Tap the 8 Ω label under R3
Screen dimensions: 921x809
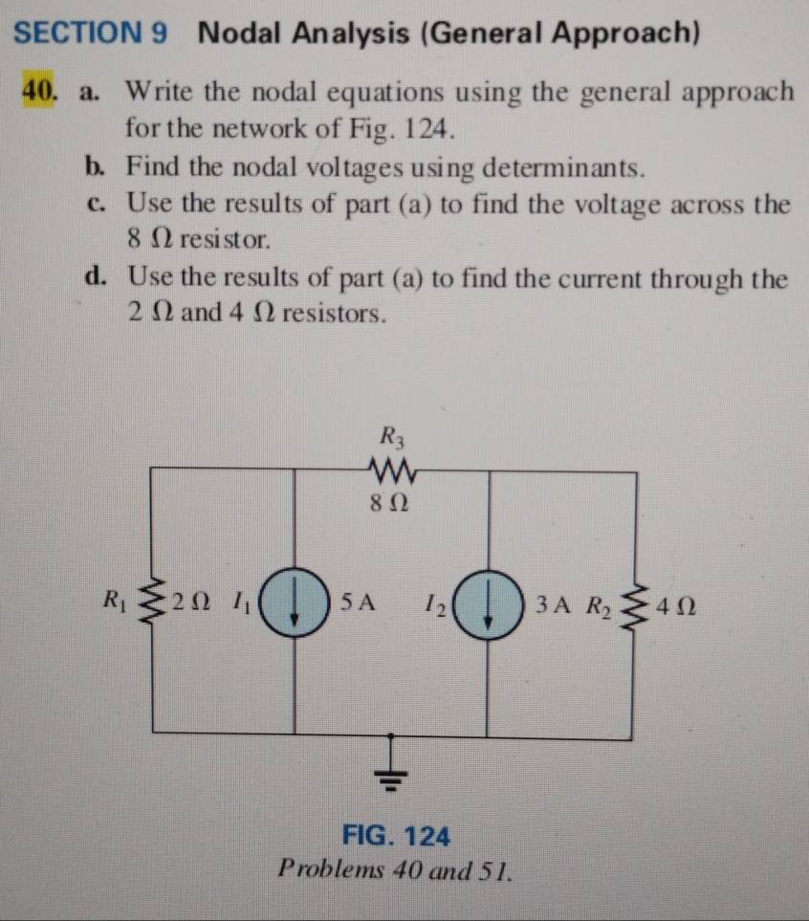(391, 502)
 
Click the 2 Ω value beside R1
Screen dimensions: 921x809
(189, 603)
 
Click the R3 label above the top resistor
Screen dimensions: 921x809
(391, 439)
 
